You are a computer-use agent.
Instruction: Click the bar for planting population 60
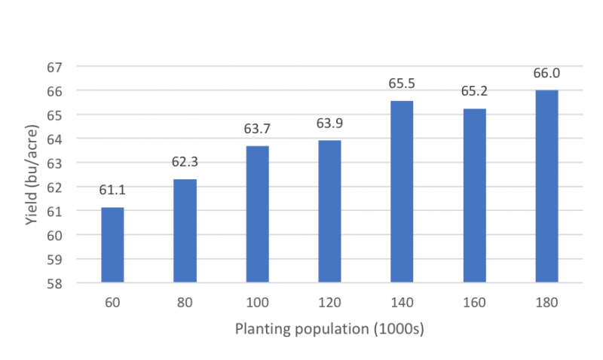tap(112, 246)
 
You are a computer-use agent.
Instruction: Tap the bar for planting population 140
tap(402, 192)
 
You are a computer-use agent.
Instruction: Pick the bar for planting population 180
tap(546, 187)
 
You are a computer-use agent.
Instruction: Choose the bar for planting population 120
tap(329, 212)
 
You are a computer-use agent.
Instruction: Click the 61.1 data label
tap(112, 191)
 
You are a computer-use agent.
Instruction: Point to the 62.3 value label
tap(185, 162)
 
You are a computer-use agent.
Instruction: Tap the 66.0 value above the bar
tap(546, 73)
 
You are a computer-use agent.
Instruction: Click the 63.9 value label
tap(329, 123)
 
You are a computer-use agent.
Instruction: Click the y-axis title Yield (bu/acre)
tap(31, 175)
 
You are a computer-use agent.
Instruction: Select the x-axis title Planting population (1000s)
tap(329, 329)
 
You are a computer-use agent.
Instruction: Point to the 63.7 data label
tap(258, 129)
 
